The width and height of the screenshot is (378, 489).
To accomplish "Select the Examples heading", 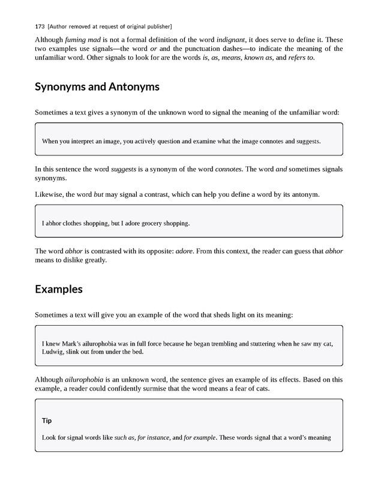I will click(59, 289).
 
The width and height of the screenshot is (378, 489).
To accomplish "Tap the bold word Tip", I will click(47, 421).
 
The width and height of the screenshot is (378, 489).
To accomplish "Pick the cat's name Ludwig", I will click(54, 352).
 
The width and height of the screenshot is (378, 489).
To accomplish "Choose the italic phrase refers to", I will click(302, 58).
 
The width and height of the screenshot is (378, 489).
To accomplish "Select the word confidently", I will click(135, 389).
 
